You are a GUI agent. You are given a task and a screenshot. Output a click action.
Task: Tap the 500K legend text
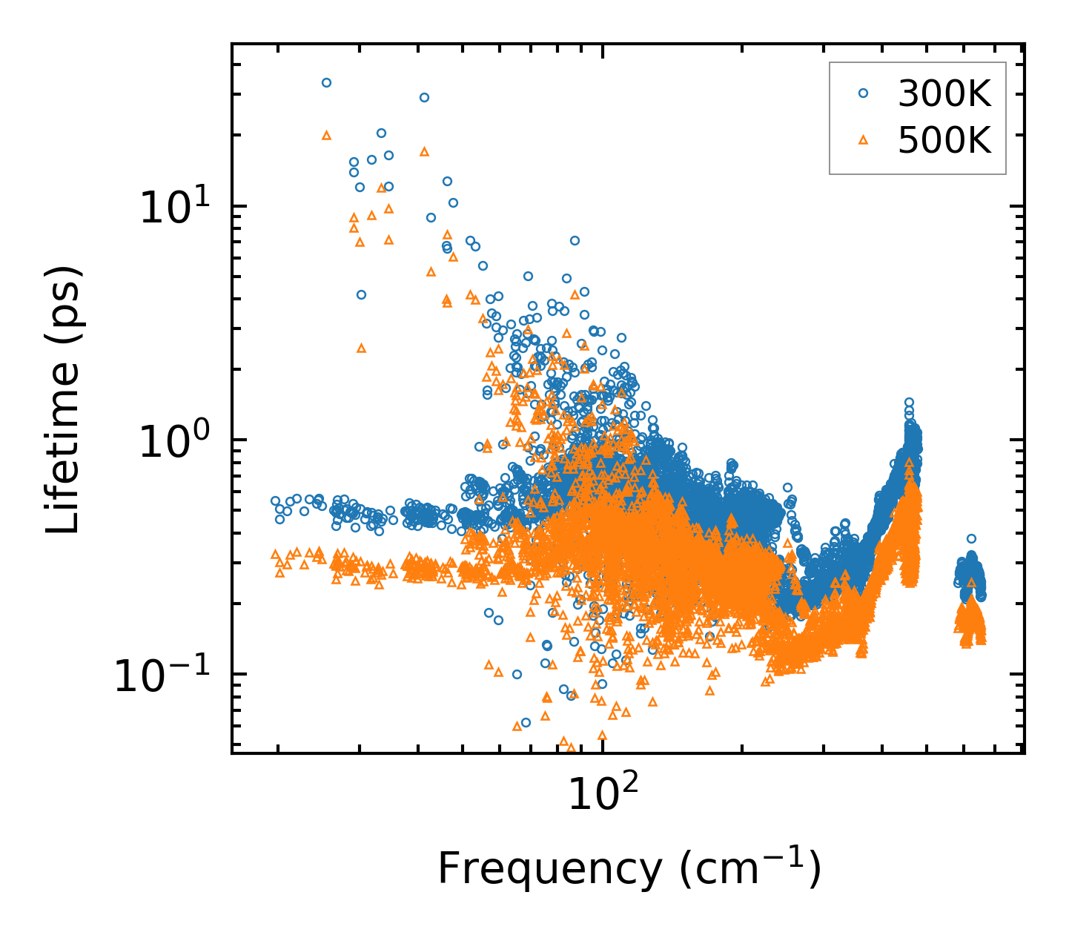(x=944, y=140)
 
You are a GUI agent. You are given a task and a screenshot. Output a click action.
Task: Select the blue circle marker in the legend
(x=863, y=93)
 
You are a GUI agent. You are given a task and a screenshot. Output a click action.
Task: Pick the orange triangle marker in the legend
(x=863, y=139)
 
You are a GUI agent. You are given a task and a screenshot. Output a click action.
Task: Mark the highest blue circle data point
(x=326, y=82)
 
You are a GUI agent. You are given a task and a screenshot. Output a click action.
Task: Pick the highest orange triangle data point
(x=326, y=136)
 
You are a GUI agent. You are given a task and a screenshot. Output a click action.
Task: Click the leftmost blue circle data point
(x=275, y=501)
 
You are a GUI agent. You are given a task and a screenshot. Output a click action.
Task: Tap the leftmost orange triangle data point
(x=275, y=554)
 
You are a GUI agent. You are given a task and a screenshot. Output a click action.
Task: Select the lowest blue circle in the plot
(x=526, y=722)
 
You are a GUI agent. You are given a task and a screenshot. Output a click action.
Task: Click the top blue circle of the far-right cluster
(x=971, y=539)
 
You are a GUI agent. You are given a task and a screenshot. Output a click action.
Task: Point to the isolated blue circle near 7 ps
(x=575, y=240)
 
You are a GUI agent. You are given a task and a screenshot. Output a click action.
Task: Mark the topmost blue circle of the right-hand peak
(x=909, y=403)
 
